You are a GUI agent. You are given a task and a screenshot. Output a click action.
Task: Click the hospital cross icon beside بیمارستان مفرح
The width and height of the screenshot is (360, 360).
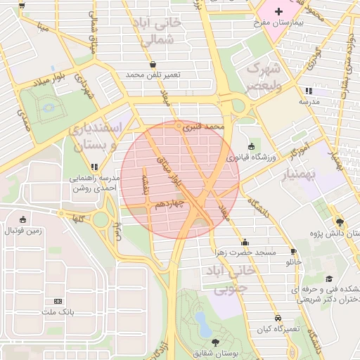[279, 11]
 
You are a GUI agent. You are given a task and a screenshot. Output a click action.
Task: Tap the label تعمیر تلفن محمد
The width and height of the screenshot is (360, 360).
[153, 75]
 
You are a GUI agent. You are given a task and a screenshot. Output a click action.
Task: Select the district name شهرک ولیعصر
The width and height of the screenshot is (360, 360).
[263, 77]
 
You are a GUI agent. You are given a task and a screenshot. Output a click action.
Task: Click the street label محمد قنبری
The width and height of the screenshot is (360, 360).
[202, 127]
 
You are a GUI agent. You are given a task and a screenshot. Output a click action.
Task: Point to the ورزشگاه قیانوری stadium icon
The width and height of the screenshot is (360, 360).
[252, 146]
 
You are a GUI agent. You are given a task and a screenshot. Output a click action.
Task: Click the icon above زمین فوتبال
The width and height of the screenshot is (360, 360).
[23, 219]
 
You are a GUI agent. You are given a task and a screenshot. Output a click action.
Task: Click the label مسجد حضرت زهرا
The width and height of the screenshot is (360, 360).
[245, 252]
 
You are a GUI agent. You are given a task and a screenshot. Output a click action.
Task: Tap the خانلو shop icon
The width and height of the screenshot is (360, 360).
[294, 251]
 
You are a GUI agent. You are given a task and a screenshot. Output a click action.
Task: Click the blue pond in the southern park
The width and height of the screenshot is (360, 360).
[202, 322]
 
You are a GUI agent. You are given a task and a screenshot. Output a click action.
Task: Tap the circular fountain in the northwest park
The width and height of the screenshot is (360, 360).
[49, 108]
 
